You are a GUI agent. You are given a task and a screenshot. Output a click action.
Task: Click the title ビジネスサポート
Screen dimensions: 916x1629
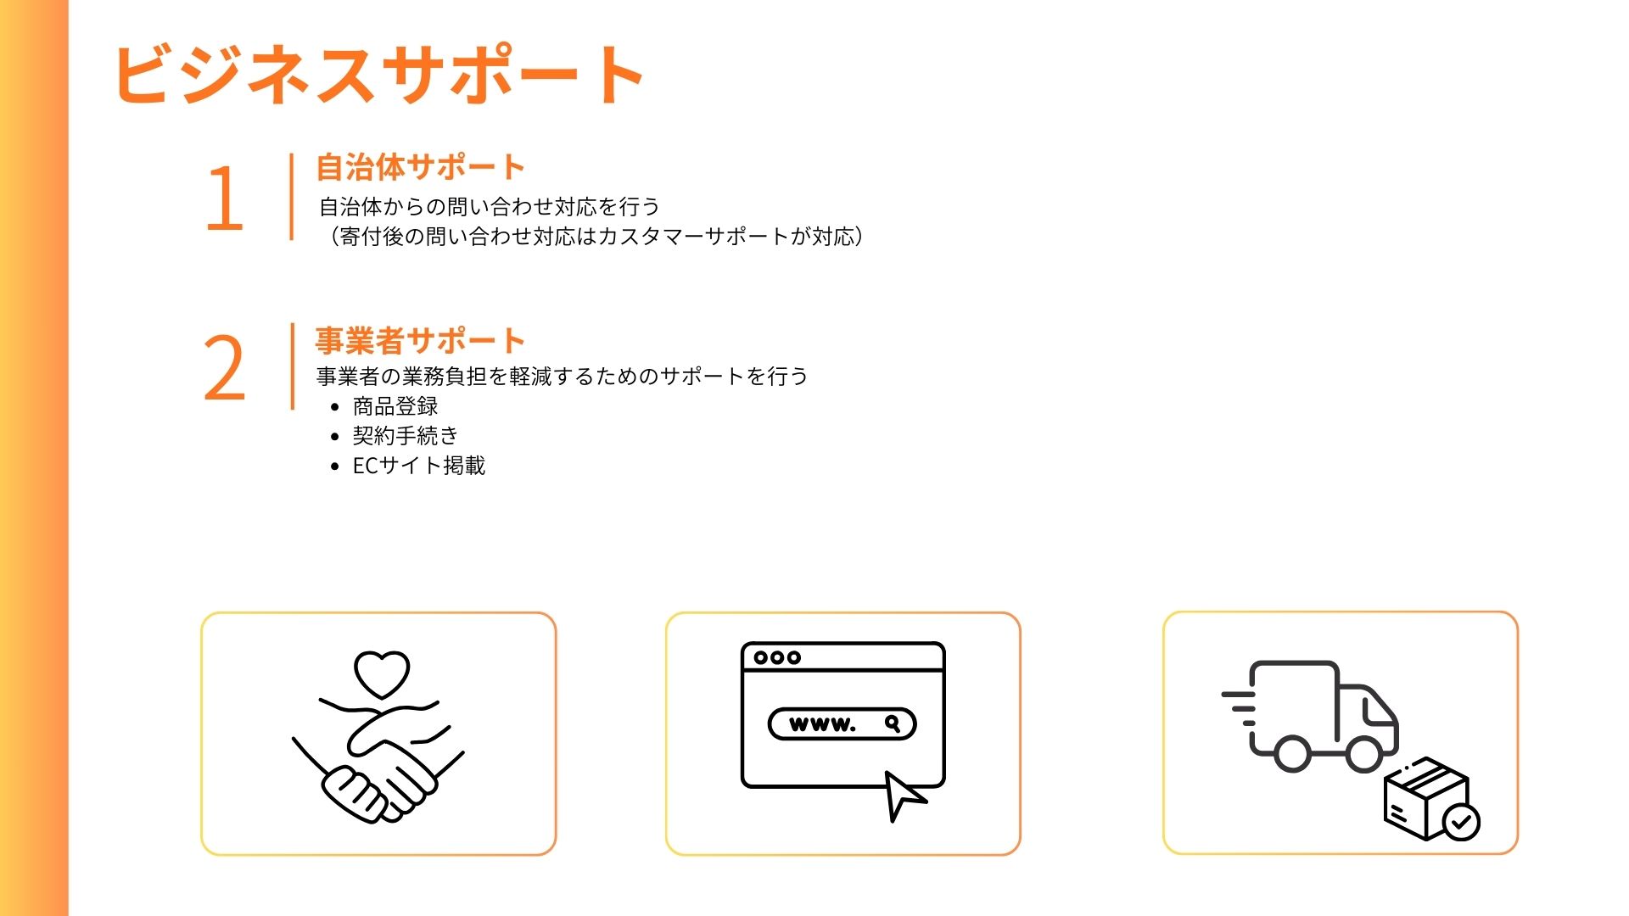pyautogui.click(x=378, y=75)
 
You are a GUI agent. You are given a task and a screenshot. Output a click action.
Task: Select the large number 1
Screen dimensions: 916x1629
pyautogui.click(x=225, y=198)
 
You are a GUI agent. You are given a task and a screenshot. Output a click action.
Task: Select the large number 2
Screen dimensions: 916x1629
pyautogui.click(x=225, y=368)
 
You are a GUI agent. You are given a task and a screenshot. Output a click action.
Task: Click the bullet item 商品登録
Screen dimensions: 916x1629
pyautogui.click(x=395, y=406)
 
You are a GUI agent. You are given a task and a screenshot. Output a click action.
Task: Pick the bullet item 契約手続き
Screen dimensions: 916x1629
pyautogui.click(x=406, y=436)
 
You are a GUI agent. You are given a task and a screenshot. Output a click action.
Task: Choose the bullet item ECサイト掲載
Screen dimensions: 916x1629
pyautogui.click(x=419, y=466)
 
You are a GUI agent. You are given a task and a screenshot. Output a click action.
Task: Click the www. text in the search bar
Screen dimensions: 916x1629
pyautogui.click(x=822, y=724)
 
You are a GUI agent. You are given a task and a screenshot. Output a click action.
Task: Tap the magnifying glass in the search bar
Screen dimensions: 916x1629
pyautogui.click(x=893, y=723)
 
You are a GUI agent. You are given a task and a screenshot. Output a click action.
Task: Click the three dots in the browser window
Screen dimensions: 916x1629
pyautogui.click(x=777, y=657)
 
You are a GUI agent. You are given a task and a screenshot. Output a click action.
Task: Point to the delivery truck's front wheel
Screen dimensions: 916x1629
pyautogui.click(x=1364, y=754)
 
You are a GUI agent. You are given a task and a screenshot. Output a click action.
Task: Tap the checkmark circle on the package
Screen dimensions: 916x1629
pyautogui.click(x=1461, y=822)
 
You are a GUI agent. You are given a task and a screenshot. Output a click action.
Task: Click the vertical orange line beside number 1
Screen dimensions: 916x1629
pyautogui.click(x=292, y=197)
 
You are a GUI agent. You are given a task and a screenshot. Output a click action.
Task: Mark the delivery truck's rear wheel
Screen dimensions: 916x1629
pyautogui.click(x=1292, y=754)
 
